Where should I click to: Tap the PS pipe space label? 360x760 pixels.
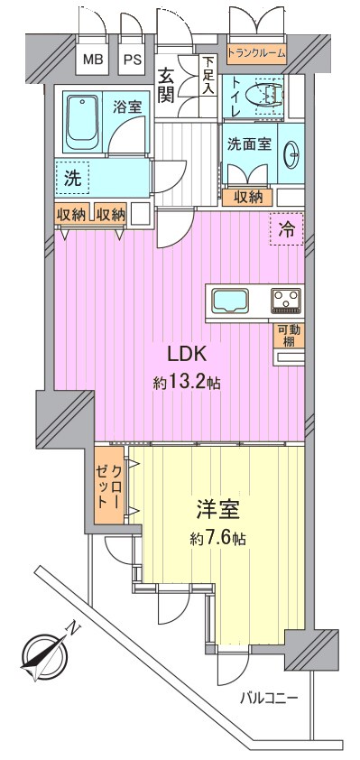[x=132, y=60]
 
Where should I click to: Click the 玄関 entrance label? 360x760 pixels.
[x=166, y=87]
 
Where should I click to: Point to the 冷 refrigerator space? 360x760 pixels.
[x=287, y=230]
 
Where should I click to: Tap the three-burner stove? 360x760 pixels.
[x=286, y=301]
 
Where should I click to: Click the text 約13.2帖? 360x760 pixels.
[x=187, y=384]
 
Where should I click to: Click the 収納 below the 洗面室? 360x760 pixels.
[x=247, y=197]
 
